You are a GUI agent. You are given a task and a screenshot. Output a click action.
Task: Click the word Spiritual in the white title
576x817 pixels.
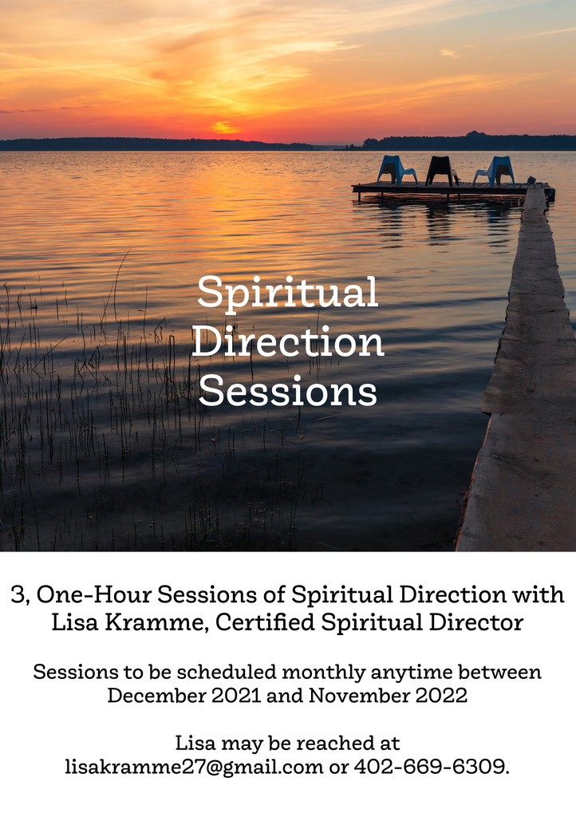287,294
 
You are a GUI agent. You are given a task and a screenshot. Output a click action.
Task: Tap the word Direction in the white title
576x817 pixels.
288,341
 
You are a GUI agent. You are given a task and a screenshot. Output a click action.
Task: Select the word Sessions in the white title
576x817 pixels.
287,391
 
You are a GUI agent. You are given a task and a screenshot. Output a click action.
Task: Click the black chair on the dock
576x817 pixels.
440,171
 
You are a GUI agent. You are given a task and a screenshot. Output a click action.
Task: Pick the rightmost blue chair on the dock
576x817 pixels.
495,171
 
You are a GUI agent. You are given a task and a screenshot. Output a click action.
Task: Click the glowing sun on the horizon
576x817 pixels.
225,127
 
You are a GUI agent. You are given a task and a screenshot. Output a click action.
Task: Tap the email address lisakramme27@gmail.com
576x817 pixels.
194,767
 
